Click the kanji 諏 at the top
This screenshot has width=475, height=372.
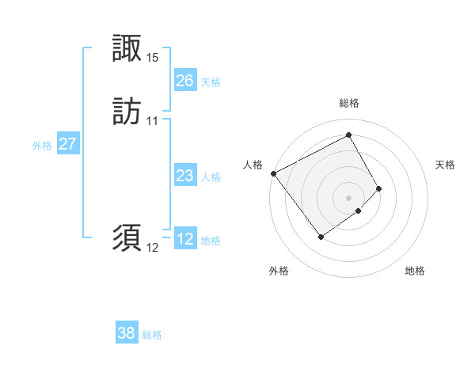click(x=127, y=48)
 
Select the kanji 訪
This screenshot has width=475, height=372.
click(x=127, y=112)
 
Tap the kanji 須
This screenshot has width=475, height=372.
click(x=127, y=237)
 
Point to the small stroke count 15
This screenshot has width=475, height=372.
click(x=153, y=58)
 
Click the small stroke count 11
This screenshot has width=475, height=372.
click(x=153, y=121)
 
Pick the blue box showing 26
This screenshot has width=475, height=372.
click(x=184, y=80)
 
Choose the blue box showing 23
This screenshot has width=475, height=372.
click(x=184, y=175)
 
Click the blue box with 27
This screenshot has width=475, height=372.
click(x=67, y=144)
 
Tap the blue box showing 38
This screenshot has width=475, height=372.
click(x=126, y=333)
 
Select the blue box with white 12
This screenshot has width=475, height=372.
click(x=184, y=239)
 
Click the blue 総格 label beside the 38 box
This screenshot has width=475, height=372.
click(x=152, y=335)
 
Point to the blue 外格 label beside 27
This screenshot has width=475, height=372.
click(x=42, y=146)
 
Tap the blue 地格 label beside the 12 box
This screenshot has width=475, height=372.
click(x=211, y=241)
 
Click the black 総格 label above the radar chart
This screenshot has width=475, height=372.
click(x=349, y=103)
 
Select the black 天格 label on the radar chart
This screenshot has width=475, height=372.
click(x=446, y=165)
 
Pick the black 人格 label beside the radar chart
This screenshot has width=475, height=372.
click(x=253, y=165)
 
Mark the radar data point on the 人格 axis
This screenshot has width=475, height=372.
click(x=273, y=173)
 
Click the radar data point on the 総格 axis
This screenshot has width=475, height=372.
click(x=349, y=135)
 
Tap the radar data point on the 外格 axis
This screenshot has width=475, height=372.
click(x=321, y=237)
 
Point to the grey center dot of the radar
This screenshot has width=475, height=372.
click(x=349, y=197)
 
